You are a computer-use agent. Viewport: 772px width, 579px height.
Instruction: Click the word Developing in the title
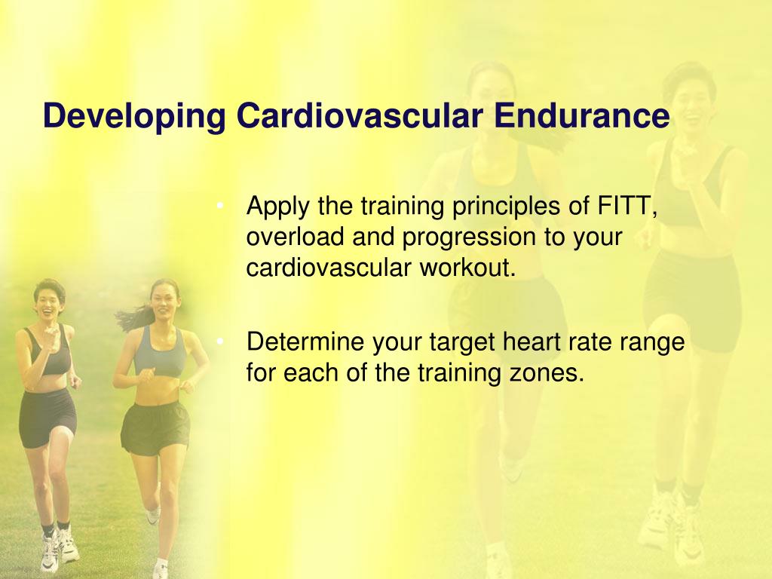point(134,117)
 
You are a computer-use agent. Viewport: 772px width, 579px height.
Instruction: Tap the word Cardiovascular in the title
point(360,115)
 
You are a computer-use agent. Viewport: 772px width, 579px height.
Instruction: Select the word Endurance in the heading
point(581,115)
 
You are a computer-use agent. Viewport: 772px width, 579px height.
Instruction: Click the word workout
point(467,268)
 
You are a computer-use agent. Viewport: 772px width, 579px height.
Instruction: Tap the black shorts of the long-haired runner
point(155,427)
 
